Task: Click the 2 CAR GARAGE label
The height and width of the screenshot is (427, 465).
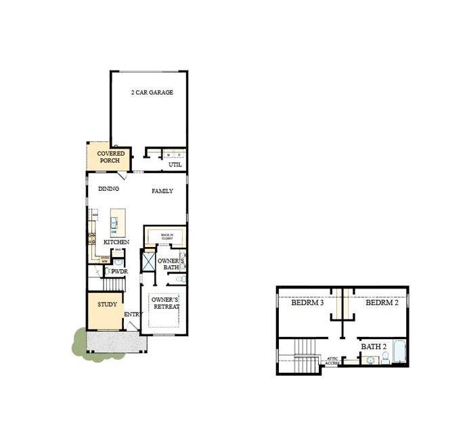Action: click(x=152, y=92)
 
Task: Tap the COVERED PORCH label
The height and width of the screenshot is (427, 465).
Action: click(x=110, y=157)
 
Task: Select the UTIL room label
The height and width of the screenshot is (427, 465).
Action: click(x=175, y=164)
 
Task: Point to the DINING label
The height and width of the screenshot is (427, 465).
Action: click(x=109, y=189)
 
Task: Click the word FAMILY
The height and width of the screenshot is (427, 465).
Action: click(x=162, y=192)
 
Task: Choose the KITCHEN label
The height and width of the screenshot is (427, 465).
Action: click(x=116, y=242)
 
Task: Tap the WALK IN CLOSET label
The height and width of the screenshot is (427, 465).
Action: click(x=167, y=237)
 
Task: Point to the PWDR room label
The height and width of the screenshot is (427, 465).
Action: click(x=119, y=271)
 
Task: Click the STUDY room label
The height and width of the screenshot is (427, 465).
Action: click(x=107, y=305)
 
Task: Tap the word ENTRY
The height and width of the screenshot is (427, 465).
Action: click(x=132, y=314)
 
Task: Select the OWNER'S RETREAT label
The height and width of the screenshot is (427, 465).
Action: click(x=165, y=303)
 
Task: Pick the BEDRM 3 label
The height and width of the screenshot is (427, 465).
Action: click(x=308, y=303)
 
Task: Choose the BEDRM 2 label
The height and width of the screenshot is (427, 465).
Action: click(x=382, y=303)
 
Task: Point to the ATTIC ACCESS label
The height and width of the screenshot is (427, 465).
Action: click(x=332, y=361)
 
